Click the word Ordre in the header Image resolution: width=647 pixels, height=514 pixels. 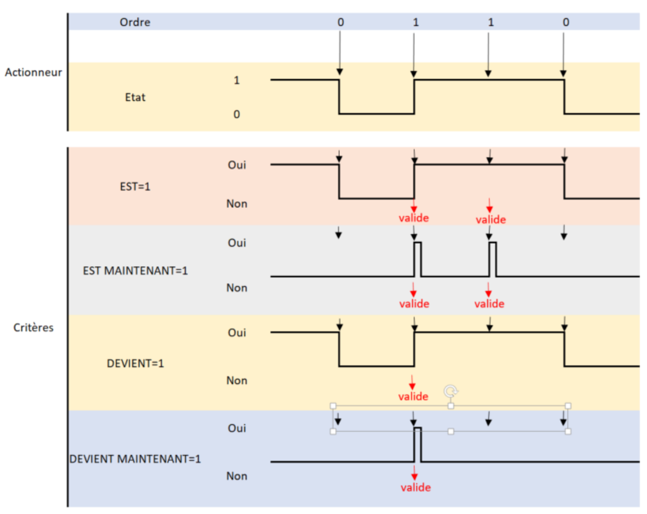pos(135,23)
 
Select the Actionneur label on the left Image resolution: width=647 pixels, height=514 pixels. pos(33,72)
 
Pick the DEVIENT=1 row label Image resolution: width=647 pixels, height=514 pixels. pos(135,363)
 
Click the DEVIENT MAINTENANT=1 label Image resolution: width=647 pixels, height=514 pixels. pos(135,458)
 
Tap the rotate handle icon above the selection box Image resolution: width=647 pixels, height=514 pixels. pos(451,391)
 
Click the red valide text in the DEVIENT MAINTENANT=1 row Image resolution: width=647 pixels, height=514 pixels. pos(415,488)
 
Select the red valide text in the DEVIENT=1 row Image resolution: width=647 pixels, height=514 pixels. pos(413,396)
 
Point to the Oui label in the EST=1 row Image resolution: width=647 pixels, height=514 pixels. pos(237,165)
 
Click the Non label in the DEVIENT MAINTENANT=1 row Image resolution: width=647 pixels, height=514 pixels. pos(236,476)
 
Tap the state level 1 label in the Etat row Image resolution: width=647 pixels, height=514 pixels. pos(236,81)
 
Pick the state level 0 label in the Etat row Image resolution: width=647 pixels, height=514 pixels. pos(236,114)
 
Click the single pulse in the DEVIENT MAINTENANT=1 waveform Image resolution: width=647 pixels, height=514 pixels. pos(418,444)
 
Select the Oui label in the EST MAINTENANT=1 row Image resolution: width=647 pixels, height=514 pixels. pos(236,243)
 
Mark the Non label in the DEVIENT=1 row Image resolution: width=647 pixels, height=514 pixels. pos(236,380)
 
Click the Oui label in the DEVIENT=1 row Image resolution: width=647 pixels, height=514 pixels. pos(237,333)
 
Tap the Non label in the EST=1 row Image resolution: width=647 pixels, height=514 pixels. pos(236,203)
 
